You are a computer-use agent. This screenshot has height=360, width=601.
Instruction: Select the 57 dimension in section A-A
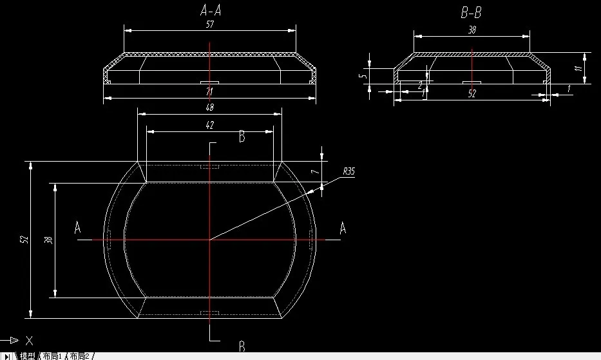(209, 24)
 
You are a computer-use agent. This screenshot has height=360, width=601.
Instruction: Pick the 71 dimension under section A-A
(209, 93)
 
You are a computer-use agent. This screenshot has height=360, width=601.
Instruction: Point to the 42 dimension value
(209, 125)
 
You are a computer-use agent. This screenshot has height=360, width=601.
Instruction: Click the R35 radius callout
(348, 171)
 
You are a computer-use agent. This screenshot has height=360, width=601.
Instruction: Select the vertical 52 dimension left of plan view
(24, 240)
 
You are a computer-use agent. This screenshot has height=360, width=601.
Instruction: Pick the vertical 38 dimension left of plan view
(48, 240)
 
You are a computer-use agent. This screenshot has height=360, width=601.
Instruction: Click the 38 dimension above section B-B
(471, 30)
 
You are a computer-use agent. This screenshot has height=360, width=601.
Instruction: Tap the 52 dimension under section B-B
(472, 93)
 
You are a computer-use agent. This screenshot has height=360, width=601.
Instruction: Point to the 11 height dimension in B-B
(578, 68)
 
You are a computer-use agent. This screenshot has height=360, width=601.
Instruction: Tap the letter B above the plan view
(242, 136)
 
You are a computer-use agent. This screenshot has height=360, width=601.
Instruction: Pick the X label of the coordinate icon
(29, 340)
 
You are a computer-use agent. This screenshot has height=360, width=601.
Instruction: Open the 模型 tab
(27, 355)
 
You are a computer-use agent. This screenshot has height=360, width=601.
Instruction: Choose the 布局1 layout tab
(53, 355)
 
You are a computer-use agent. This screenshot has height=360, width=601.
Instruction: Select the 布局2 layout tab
(81, 355)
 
